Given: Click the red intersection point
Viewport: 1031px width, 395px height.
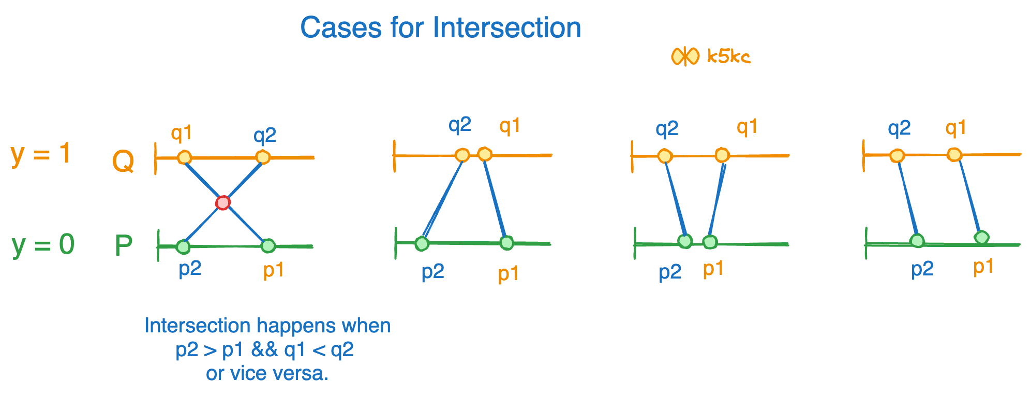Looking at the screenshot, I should [x=223, y=202].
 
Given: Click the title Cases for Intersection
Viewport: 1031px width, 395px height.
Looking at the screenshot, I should [x=440, y=27].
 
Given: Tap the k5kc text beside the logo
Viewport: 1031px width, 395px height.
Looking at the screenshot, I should [x=728, y=56].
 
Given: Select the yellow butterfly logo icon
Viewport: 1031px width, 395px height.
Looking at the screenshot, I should [x=685, y=56].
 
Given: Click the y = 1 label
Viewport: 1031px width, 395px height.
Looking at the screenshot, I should [x=41, y=154].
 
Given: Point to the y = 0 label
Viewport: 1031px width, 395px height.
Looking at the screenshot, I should [x=43, y=244].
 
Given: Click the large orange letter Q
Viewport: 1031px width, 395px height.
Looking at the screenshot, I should [x=123, y=162].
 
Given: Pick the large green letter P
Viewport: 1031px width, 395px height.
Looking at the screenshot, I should [x=124, y=246].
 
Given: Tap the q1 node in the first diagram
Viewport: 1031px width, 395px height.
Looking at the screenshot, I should [x=184, y=157].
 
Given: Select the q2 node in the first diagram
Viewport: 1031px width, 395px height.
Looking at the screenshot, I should [x=263, y=157].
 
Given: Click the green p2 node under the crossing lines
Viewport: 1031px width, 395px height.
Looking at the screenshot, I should [x=183, y=246].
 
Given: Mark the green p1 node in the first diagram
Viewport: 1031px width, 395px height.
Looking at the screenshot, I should [x=268, y=245].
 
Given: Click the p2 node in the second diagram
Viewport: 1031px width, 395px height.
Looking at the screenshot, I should [x=422, y=243].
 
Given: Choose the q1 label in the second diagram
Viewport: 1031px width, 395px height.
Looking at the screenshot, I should [x=510, y=126].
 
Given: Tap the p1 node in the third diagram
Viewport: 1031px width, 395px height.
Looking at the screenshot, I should [x=710, y=242].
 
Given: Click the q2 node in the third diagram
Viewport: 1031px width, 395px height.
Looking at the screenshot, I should [x=665, y=156].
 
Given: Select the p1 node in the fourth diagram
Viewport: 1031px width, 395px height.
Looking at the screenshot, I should [x=981, y=238].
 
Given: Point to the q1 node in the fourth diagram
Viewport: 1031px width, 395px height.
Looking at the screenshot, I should [x=954, y=155].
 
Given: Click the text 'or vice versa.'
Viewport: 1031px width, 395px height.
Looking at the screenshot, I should [x=267, y=373].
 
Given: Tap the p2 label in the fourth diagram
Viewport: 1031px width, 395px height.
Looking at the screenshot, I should [x=922, y=269].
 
